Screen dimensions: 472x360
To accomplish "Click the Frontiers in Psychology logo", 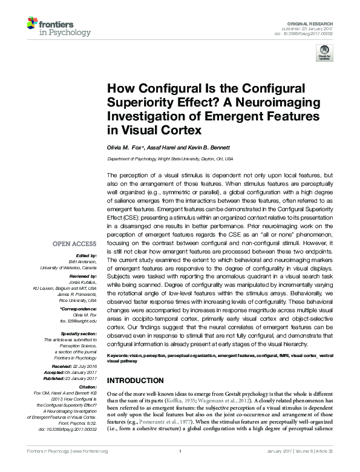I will point(58,27).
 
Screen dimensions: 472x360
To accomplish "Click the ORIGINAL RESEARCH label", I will point(318,22).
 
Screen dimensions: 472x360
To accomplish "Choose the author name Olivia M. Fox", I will point(125,147).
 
